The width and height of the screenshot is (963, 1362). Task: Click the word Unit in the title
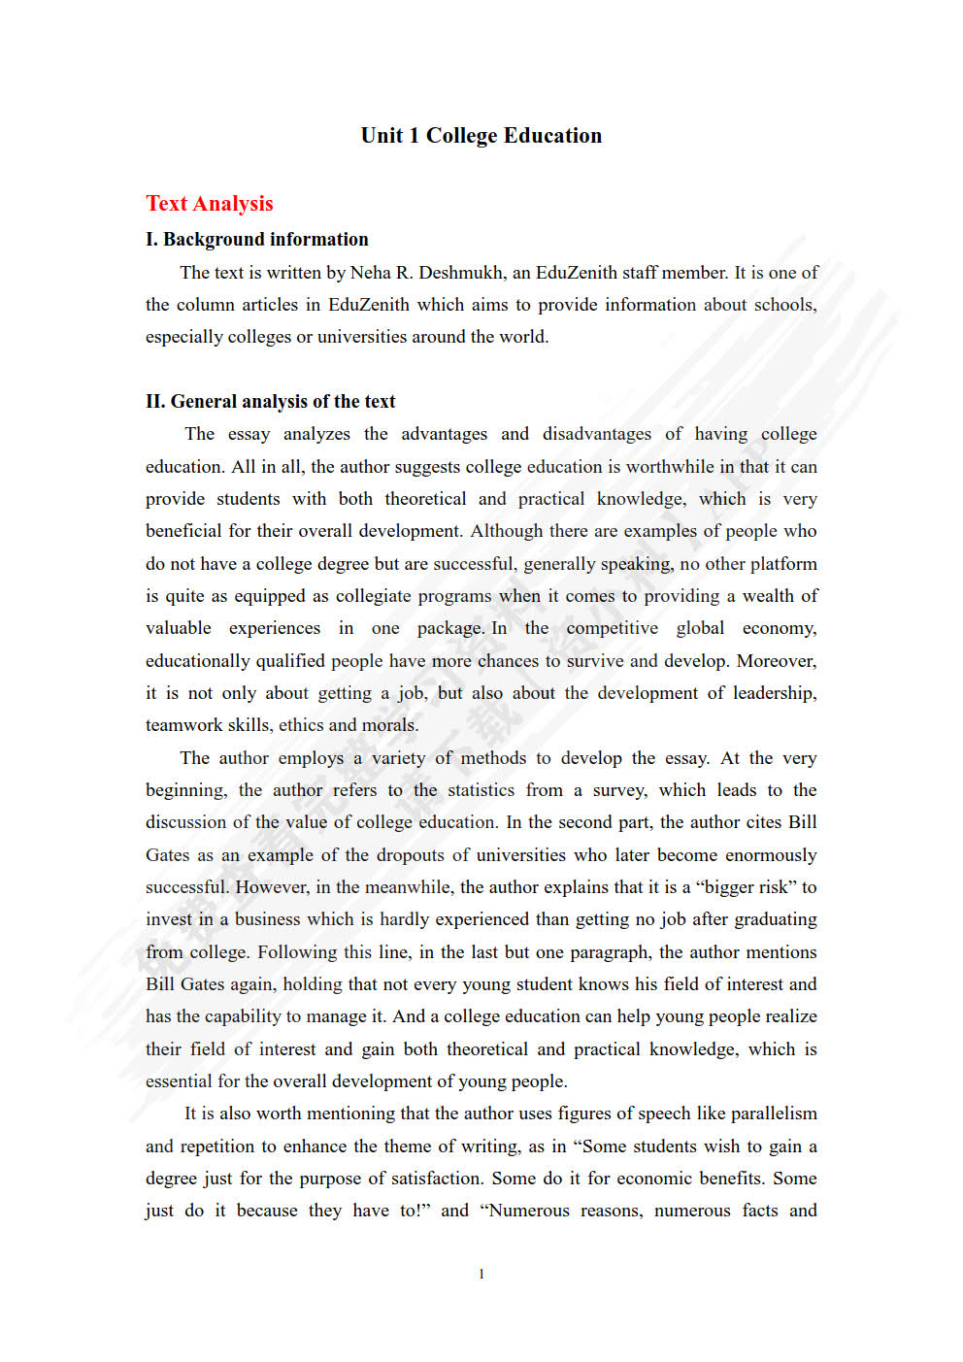point(382,136)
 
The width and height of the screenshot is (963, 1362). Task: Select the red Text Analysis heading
point(210,204)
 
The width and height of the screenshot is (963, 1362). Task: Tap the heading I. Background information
point(257,240)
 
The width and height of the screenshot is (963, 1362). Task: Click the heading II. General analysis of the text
point(271,402)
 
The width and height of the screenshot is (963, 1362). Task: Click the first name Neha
point(371,273)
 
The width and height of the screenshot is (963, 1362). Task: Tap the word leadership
point(774,693)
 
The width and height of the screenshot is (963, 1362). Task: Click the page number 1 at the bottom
point(481,1275)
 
